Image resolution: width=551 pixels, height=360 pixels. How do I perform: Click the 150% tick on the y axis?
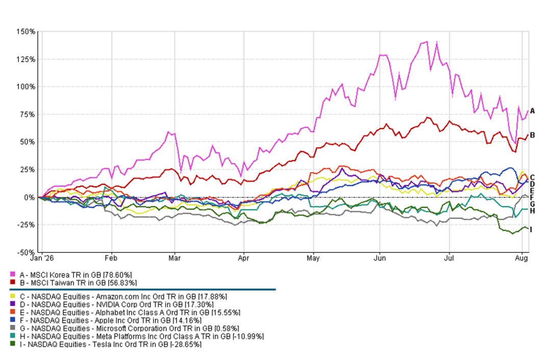tap(26, 32)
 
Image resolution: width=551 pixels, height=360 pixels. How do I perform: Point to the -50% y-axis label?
tap(26, 252)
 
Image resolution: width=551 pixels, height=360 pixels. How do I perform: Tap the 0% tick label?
tap(30, 198)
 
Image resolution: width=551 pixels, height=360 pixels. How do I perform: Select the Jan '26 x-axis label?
tap(42, 258)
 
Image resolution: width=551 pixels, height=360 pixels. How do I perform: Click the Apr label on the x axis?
tap(243, 258)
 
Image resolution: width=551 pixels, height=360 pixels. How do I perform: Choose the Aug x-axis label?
tap(521, 258)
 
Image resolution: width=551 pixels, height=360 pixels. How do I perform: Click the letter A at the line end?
tap(532, 111)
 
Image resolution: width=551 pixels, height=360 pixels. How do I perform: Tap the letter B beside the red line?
tap(532, 135)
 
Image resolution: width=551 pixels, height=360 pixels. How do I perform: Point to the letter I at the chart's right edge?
tap(531, 230)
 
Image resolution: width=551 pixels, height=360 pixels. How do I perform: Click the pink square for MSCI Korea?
tap(13, 274)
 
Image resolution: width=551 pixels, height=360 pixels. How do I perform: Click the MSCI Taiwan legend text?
tap(79, 283)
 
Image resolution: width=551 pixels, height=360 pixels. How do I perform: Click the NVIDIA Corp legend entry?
tap(117, 305)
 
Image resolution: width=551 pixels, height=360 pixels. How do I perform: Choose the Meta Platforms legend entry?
tap(142, 337)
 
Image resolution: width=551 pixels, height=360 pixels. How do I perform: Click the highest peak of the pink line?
tap(427, 41)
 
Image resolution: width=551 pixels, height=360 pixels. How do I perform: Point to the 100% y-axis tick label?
tap(26, 87)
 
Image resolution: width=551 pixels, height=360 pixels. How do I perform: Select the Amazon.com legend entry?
tap(123, 297)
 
